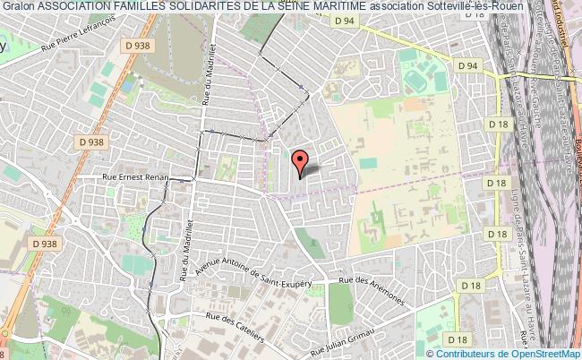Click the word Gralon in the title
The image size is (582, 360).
(x=17, y=8)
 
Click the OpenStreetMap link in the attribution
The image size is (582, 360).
(x=543, y=353)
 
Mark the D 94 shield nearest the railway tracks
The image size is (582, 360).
(x=467, y=65)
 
